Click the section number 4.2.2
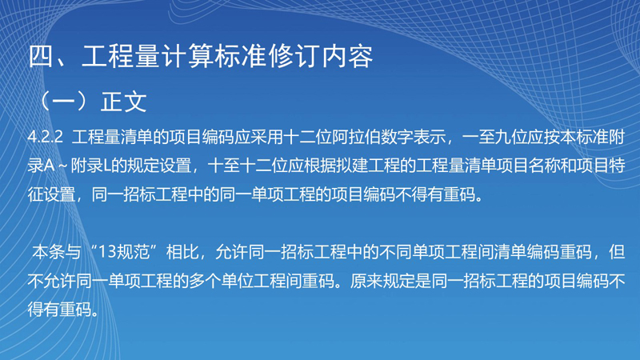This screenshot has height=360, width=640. tap(46, 137)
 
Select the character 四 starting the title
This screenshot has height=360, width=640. tap(41, 56)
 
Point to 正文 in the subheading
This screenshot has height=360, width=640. tap(124, 102)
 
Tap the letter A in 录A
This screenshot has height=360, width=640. tap(50, 166)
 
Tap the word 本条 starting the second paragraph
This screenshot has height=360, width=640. tap(49, 252)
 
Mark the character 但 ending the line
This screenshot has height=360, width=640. tap(617, 252)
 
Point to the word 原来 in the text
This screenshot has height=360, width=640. tap(366, 282)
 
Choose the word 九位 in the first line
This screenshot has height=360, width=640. tap(510, 137)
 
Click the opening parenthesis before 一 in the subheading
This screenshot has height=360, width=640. tap(45, 102)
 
